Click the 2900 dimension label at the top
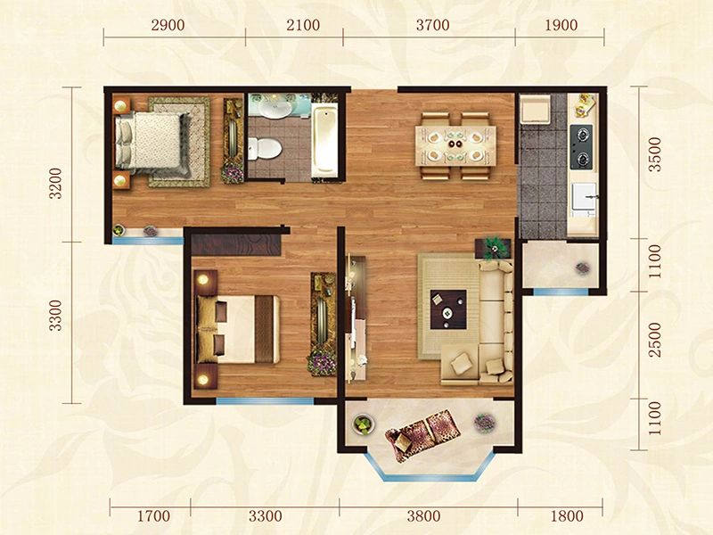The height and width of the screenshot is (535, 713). tap(168, 25)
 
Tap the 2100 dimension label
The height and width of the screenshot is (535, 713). tap(303, 25)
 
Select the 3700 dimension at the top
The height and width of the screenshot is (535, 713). tap(432, 25)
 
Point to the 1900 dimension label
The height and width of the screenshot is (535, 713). tap(561, 25)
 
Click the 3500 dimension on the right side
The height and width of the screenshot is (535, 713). tap(655, 154)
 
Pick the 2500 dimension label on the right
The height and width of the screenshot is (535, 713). tap(655, 340)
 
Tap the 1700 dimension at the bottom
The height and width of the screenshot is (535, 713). tap(153, 516)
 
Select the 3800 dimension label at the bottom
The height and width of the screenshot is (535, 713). tap(423, 516)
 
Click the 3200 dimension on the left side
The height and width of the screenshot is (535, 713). tap(55, 184)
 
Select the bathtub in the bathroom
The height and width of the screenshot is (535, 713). tap(324, 140)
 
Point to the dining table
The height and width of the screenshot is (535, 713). tap(455, 146)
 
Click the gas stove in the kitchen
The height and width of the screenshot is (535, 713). tap(581, 147)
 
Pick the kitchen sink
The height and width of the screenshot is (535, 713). tap(584, 196)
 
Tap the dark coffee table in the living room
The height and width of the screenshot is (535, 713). tap(448, 309)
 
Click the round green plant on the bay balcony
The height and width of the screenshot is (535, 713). tap(364, 425)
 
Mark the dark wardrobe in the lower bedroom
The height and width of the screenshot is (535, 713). tap(236, 244)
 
